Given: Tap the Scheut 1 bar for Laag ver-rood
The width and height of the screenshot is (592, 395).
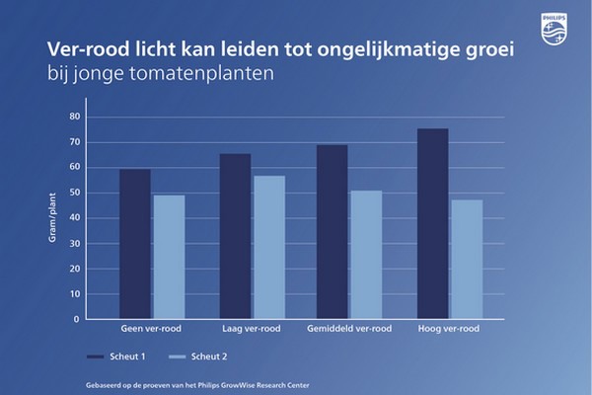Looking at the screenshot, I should pos(235,236).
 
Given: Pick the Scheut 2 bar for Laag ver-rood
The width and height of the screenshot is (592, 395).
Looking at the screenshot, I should pos(268,247).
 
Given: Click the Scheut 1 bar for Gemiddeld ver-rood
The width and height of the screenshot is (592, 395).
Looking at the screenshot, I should pos(332,232).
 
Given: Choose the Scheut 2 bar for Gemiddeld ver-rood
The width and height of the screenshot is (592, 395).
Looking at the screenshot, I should pos(365,255).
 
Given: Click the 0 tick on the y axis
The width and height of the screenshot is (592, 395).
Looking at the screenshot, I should pos(75,319).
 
